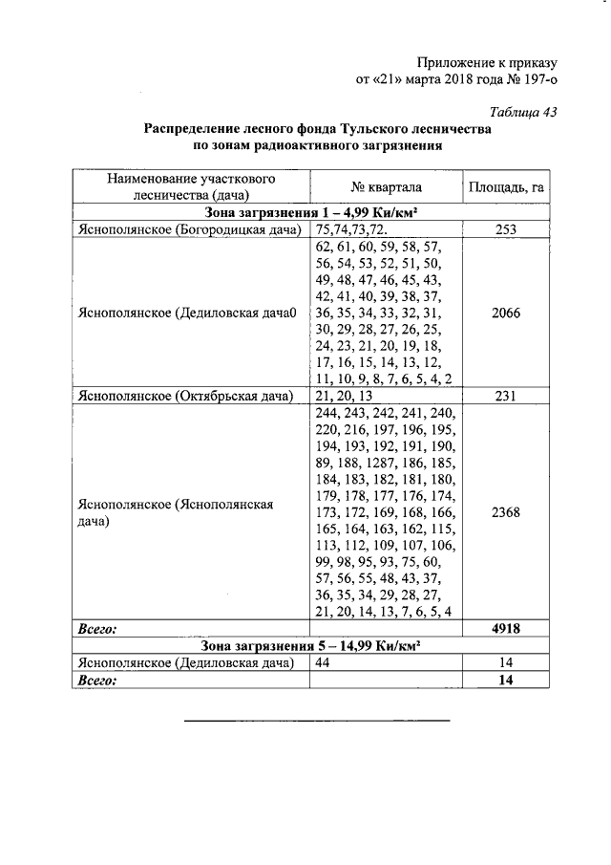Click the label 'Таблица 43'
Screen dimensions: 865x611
click(x=523, y=111)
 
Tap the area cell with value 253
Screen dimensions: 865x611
click(x=506, y=229)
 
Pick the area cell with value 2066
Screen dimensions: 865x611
click(x=506, y=313)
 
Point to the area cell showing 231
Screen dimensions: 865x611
click(x=506, y=396)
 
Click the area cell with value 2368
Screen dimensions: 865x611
click(x=506, y=512)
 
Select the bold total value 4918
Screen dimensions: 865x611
click(x=506, y=629)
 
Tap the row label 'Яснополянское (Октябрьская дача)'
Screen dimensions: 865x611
click(x=185, y=396)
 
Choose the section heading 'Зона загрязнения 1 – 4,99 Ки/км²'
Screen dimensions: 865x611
click(x=312, y=212)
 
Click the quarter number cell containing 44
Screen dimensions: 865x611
click(x=325, y=662)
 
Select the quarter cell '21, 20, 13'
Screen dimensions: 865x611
click(x=345, y=396)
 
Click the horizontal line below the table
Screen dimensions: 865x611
click(x=316, y=720)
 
